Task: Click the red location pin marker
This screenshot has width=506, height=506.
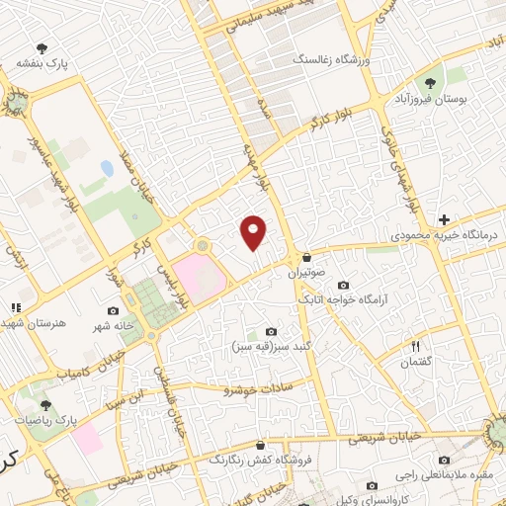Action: [254, 231]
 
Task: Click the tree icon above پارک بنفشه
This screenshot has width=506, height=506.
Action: [41, 47]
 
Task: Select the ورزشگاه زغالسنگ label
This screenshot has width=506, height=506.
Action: [332, 59]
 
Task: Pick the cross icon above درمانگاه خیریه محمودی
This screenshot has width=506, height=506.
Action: [445, 219]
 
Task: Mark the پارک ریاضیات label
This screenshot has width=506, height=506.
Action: [43, 421]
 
